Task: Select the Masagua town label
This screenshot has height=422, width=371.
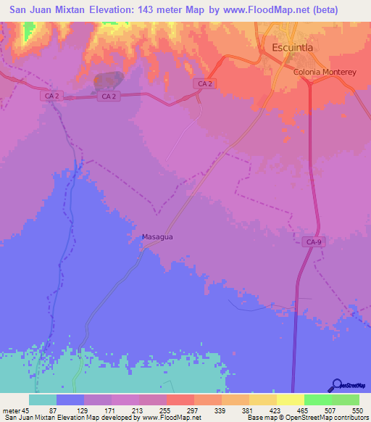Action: coord(156,236)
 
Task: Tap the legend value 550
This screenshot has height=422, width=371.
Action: coord(357,410)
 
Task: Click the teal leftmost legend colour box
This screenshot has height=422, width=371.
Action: coord(43,400)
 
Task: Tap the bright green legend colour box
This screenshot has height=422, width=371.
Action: coord(317,400)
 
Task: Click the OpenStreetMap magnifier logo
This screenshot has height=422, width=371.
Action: coord(336,386)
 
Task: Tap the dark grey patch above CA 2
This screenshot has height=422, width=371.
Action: coord(109,80)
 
